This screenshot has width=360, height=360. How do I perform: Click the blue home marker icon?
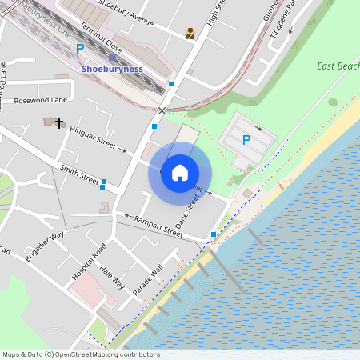coord(180,173)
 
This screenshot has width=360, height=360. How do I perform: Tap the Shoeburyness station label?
coord(113,69)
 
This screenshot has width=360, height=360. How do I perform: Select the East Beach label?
coord(338,66)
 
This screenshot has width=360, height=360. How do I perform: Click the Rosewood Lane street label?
coord(41,101)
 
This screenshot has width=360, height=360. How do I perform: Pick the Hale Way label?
coord(112,278)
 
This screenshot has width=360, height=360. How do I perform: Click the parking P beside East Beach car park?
coord(246,140)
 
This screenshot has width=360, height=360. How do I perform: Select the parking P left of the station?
coord(79,50)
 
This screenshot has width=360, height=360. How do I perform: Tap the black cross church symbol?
coord(59,122)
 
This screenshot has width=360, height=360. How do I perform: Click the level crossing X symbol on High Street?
coord(163,111)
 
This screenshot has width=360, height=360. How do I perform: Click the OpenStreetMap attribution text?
coord(81,354)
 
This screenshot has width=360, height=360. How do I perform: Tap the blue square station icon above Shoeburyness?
coord(113,57)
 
